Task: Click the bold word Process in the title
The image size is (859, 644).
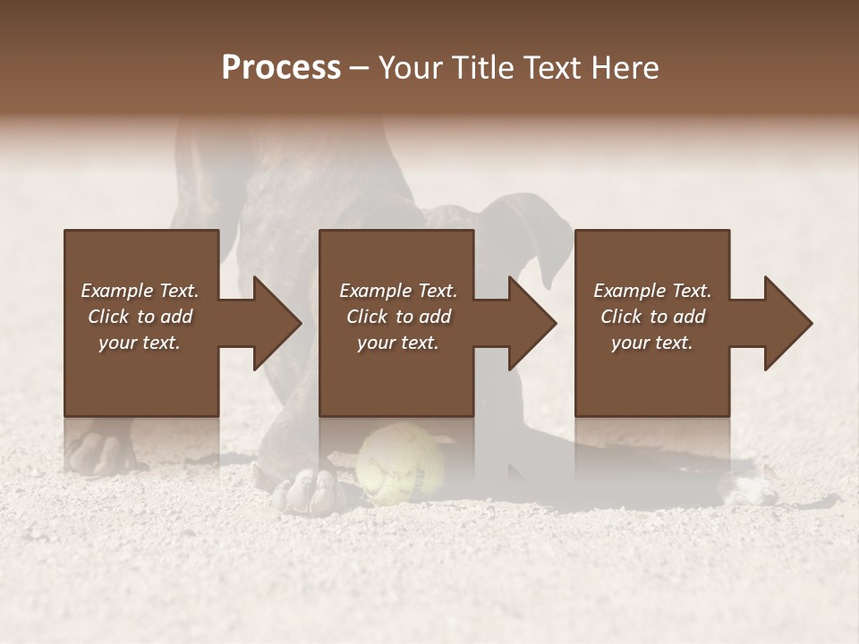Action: pos(281,68)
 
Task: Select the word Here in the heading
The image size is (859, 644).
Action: pos(625,68)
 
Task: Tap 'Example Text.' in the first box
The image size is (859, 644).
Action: pos(140,291)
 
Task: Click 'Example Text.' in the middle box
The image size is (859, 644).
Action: pos(397,291)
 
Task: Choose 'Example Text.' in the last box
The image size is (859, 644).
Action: pos(652,291)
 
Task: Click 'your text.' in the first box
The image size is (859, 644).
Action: pos(140,343)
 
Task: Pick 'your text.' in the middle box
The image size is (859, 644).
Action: pos(397,343)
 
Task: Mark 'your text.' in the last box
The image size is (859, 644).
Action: pos(652,343)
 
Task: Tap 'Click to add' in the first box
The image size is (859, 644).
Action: pos(140,317)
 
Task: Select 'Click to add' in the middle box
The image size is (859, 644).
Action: pos(397,317)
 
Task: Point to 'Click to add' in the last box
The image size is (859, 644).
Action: pos(652,317)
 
